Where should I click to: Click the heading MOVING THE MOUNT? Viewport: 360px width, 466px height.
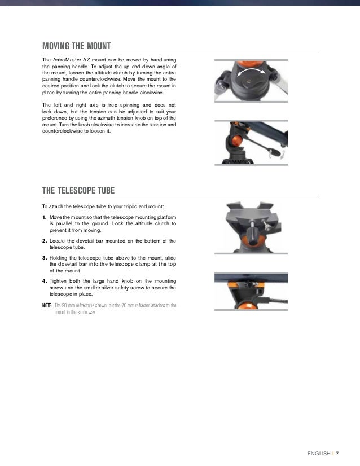point(77,46)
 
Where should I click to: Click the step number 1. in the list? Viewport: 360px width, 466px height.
point(45,217)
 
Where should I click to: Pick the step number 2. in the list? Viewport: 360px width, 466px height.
point(45,241)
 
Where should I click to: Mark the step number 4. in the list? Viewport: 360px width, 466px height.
point(45,281)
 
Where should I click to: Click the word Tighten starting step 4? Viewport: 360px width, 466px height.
point(60,281)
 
